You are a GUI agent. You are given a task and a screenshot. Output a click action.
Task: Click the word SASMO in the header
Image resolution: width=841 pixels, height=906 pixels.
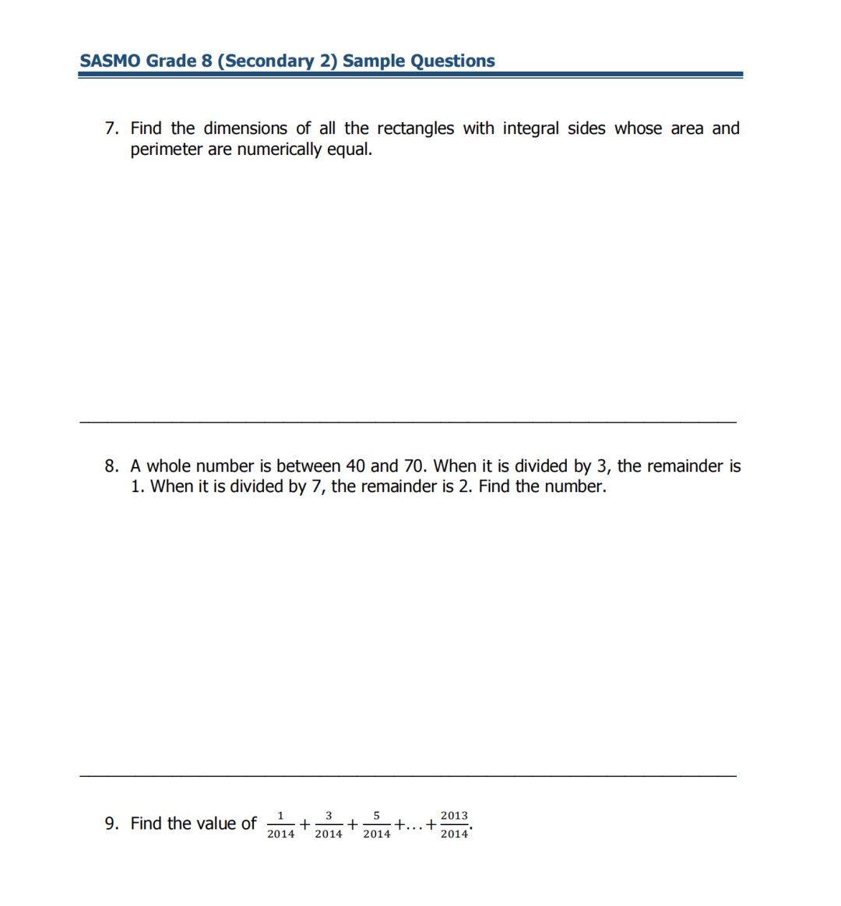pyautogui.click(x=110, y=61)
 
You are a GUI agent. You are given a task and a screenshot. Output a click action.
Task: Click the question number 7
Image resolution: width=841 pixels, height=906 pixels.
pyautogui.click(x=111, y=128)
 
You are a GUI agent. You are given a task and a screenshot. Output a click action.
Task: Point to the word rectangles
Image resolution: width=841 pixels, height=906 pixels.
pyautogui.click(x=415, y=128)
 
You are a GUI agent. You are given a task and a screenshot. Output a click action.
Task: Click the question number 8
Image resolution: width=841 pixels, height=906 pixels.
pyautogui.click(x=111, y=466)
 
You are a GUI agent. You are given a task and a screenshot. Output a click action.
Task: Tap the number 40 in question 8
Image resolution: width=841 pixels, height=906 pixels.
pyautogui.click(x=355, y=466)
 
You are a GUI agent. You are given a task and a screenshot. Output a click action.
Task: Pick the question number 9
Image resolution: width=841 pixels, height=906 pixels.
pyautogui.click(x=111, y=823)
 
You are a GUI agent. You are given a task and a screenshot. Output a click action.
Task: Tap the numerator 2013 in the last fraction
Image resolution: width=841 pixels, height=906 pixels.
pyautogui.click(x=454, y=816)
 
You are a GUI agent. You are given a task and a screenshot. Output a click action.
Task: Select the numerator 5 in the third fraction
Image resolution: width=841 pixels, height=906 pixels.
pyautogui.click(x=376, y=816)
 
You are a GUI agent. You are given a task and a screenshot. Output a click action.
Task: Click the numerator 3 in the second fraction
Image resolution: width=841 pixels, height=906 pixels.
pyautogui.click(x=329, y=816)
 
